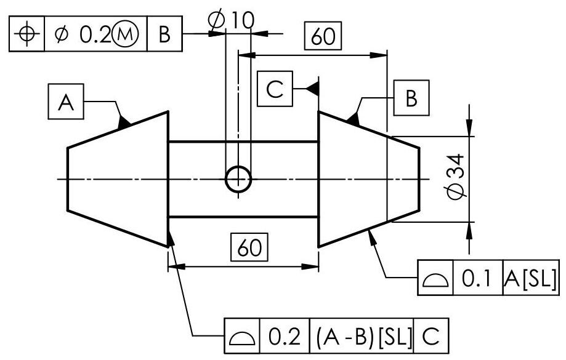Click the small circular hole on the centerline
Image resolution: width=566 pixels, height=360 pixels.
click(238, 179)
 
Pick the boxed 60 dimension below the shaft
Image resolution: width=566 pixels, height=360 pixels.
click(249, 249)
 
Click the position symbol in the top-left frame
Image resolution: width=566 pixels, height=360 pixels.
click(26, 33)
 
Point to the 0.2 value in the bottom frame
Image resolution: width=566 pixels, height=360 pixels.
click(284, 336)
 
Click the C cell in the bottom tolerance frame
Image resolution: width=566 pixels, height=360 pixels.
click(431, 336)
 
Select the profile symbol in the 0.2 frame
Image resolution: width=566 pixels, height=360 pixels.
click(243, 337)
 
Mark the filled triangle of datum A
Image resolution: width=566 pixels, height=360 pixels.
click(124, 121)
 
